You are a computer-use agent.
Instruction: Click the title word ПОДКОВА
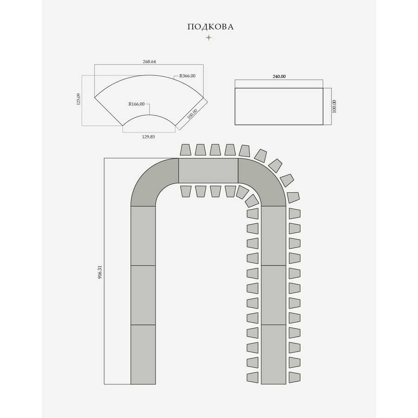pyautogui.click(x=210, y=27)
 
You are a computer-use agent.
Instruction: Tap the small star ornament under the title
pyautogui.click(x=209, y=38)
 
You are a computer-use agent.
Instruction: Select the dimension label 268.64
pyautogui.click(x=149, y=61)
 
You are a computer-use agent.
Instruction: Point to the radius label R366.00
pyautogui.click(x=187, y=76)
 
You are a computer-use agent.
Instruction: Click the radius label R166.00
pyautogui.click(x=137, y=104)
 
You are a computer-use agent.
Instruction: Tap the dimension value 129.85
pyautogui.click(x=149, y=137)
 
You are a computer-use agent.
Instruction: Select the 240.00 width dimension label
pyautogui.click(x=279, y=77)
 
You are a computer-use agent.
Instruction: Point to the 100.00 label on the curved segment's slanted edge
pyautogui.click(x=192, y=114)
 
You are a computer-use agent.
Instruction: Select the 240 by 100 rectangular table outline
pyautogui.click(x=279, y=106)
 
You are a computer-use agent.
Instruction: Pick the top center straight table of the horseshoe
pyautogui.click(x=208, y=170)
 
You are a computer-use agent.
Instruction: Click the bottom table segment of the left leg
pyautogui.click(x=143, y=354)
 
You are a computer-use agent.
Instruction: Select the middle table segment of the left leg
pyautogui.click(x=143, y=295)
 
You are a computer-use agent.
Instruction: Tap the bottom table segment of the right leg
pyautogui.click(x=274, y=354)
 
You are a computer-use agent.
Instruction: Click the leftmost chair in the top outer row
pyautogui.click(x=186, y=150)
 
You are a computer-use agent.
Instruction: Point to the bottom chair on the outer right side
pyautogui.click(x=294, y=377)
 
